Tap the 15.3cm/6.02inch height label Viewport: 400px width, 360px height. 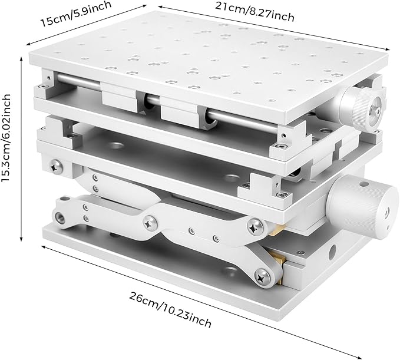point(8,143)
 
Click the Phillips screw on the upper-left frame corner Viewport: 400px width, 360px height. point(57,167)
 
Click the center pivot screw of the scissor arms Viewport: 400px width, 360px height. point(150,223)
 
